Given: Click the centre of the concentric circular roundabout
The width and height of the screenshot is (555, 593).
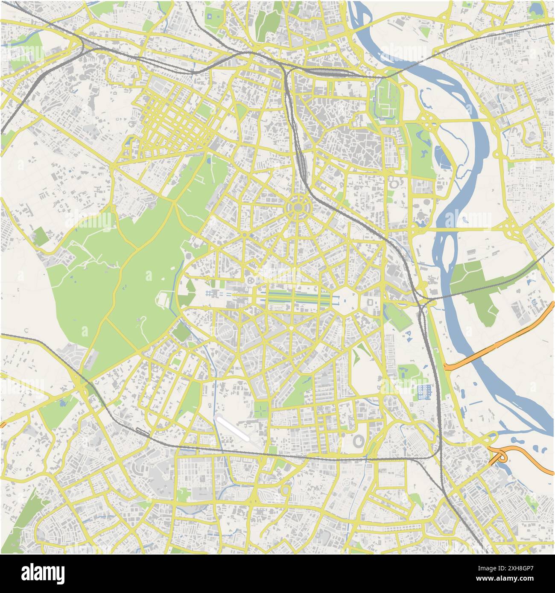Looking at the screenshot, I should pyautogui.click(x=297, y=207).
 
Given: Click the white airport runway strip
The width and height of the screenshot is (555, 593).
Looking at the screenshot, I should pyautogui.click(x=234, y=428).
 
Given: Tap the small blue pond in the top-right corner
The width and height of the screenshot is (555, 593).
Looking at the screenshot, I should pyautogui.click(x=535, y=9).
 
